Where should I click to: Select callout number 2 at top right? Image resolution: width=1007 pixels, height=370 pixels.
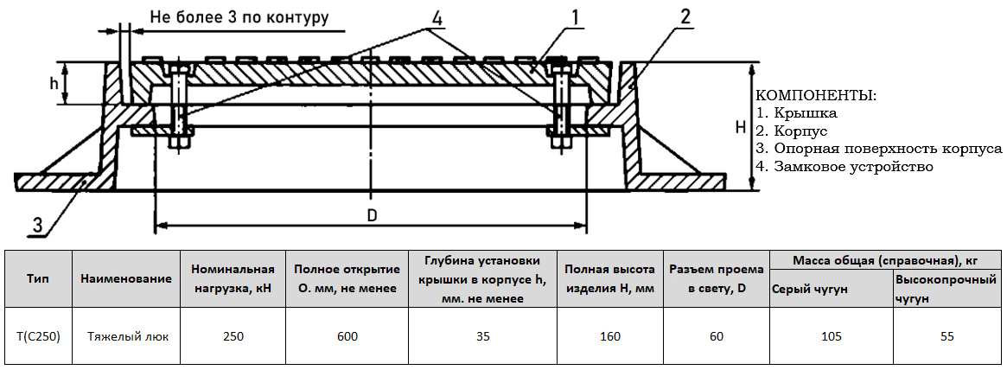click(x=685, y=16)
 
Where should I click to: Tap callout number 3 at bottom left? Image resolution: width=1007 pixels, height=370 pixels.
click(x=37, y=225)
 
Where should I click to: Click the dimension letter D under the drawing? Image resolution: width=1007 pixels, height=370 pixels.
click(x=372, y=215)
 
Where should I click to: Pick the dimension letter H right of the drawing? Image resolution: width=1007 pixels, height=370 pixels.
click(x=740, y=128)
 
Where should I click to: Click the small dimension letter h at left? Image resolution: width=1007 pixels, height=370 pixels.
click(x=54, y=84)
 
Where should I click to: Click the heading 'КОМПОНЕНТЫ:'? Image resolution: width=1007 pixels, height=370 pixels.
click(x=816, y=95)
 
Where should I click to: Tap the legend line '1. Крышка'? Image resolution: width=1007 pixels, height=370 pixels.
click(x=796, y=112)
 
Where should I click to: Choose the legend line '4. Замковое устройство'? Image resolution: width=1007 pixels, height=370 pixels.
click(x=844, y=166)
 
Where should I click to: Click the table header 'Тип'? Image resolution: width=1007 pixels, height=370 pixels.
click(x=38, y=279)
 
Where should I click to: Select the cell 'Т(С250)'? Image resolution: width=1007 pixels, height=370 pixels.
click(x=38, y=336)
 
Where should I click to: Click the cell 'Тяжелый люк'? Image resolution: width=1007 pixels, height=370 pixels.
click(x=126, y=336)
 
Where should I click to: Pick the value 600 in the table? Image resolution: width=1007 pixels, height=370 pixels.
click(x=347, y=336)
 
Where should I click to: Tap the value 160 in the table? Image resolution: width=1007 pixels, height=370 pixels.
click(x=610, y=336)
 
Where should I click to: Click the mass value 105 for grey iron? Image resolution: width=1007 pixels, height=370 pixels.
click(x=831, y=336)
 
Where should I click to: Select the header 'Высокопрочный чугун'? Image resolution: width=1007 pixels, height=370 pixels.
click(x=946, y=289)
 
